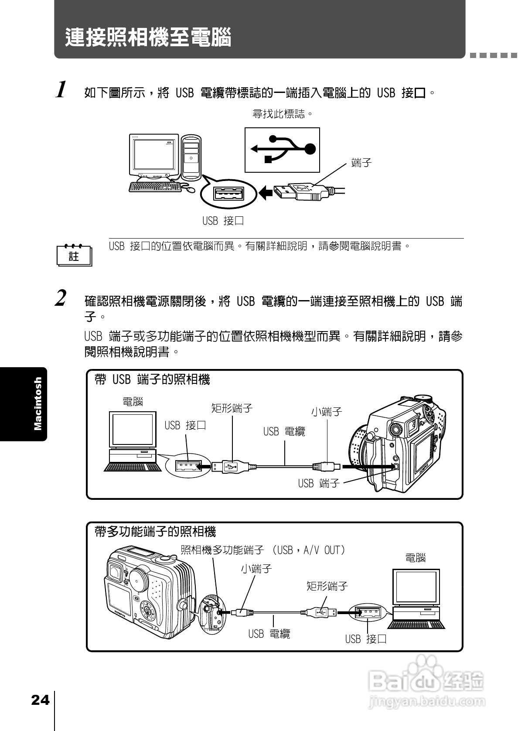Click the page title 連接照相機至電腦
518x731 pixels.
coord(148,38)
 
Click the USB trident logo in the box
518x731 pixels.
coord(283,150)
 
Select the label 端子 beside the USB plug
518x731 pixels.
coord(361,163)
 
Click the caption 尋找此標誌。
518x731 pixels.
coord(283,114)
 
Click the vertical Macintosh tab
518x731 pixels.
coord(38,404)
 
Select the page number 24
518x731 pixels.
coord(40,700)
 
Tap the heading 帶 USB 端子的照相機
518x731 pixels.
coord(153,379)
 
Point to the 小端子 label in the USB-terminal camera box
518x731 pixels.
coord(327,411)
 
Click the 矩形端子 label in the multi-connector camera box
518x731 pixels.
coord(327,586)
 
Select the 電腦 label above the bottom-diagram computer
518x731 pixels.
coord(415,557)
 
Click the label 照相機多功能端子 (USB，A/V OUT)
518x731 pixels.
coord(263,550)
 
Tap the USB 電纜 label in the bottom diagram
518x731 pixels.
coord(269,634)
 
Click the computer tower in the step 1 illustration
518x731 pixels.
coord(191,157)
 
